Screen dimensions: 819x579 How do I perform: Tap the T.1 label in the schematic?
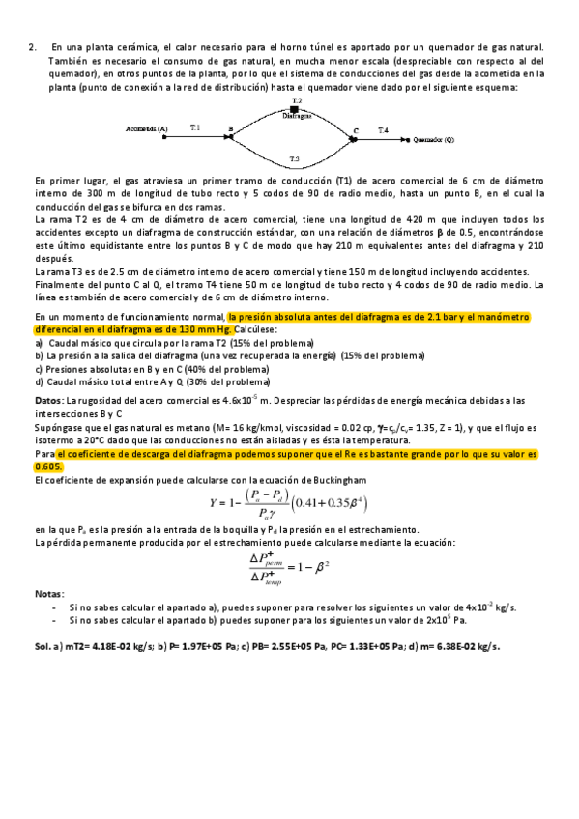(196, 127)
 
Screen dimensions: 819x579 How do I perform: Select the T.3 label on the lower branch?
(295, 158)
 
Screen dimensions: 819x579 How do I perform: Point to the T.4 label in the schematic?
(383, 129)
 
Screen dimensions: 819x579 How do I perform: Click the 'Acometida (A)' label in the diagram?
(146, 128)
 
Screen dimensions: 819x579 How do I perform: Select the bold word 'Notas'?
(48, 592)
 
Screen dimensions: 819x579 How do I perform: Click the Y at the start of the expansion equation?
(214, 502)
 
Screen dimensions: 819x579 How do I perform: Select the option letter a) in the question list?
(39, 343)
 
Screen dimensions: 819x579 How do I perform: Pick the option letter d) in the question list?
(39, 381)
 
